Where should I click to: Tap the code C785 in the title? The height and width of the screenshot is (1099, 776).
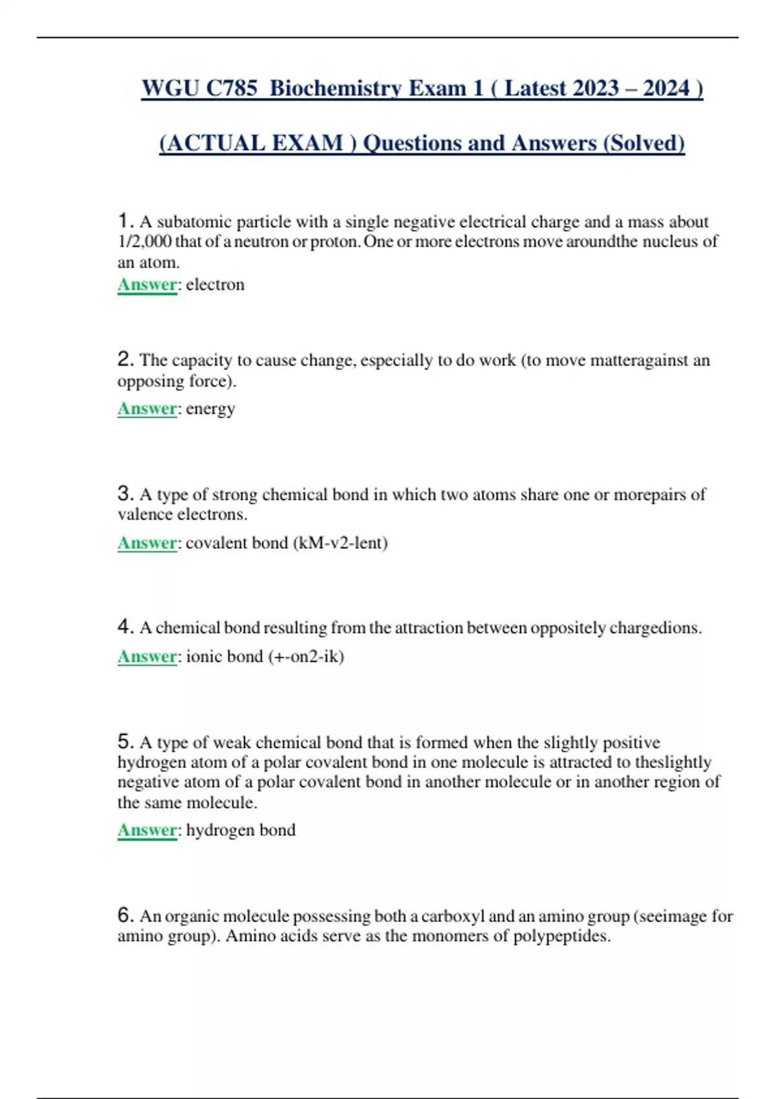[232, 89]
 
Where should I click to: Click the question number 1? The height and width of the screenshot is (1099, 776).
[125, 221]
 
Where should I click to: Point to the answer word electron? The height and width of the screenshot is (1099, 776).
[215, 284]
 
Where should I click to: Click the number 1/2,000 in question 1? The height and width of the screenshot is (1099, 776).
[144, 242]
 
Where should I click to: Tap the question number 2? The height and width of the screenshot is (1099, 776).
[125, 359]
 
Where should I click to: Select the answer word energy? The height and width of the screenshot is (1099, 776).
[210, 409]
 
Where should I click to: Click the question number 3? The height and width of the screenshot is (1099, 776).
[125, 494]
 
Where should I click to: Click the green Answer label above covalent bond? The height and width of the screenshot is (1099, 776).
[147, 543]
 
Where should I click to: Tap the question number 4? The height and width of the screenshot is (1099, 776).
[125, 627]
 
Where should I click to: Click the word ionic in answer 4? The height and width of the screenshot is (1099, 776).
[203, 657]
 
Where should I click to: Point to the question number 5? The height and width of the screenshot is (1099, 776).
[125, 742]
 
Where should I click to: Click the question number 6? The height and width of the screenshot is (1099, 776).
[125, 915]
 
